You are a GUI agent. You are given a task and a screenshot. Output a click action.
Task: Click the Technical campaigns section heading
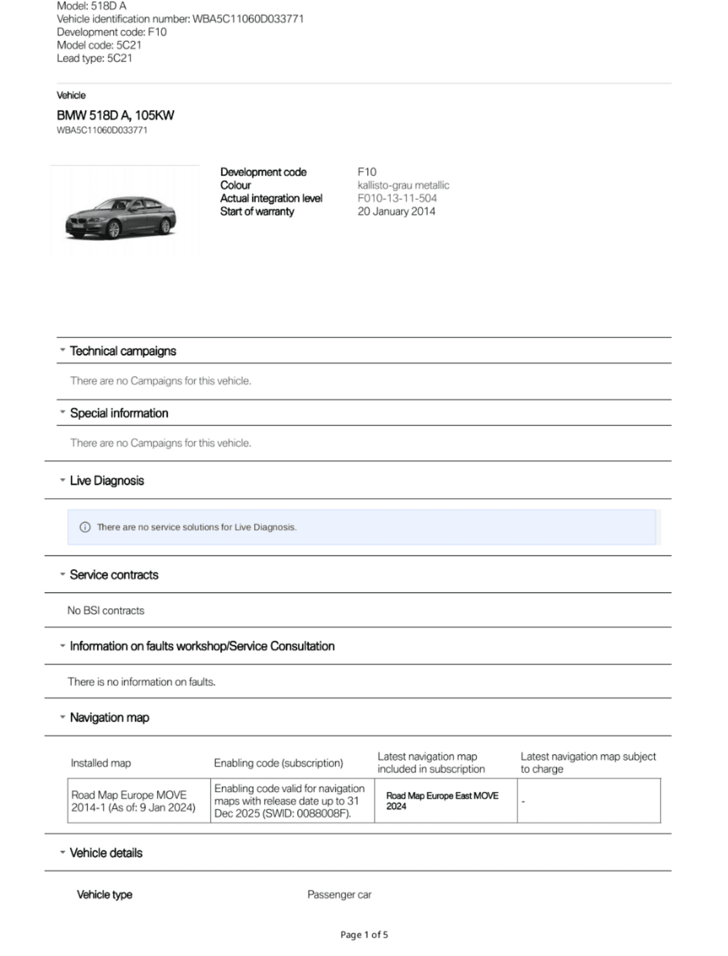(123, 351)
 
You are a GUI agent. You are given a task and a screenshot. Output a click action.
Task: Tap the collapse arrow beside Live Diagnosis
(62, 480)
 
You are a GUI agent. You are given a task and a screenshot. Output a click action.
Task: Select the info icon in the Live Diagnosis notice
(85, 527)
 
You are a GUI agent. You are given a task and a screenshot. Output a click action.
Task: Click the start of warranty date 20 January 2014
(396, 211)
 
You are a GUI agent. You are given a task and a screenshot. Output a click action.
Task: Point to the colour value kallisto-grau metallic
(403, 185)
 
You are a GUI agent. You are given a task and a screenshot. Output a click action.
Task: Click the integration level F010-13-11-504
(397, 198)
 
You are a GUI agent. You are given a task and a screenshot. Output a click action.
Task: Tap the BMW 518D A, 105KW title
(115, 115)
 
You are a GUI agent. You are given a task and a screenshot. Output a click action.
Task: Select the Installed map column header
(101, 763)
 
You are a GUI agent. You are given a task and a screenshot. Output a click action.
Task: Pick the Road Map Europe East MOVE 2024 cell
(442, 801)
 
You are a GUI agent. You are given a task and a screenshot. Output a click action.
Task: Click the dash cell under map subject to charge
(523, 802)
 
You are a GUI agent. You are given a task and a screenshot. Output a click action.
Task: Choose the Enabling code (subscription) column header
(278, 763)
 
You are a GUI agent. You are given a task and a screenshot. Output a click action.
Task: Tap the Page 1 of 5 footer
(364, 935)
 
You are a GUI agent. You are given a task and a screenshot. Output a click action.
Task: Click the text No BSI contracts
(106, 610)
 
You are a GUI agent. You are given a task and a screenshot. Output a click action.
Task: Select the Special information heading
(119, 413)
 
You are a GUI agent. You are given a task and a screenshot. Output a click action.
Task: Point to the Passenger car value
(339, 895)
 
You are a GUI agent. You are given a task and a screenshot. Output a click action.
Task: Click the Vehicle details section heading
(106, 853)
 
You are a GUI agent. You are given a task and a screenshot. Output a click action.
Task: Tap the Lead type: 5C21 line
(95, 58)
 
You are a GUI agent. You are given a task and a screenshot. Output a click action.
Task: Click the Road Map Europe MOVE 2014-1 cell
(133, 801)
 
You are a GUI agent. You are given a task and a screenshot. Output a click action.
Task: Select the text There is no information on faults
(141, 681)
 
